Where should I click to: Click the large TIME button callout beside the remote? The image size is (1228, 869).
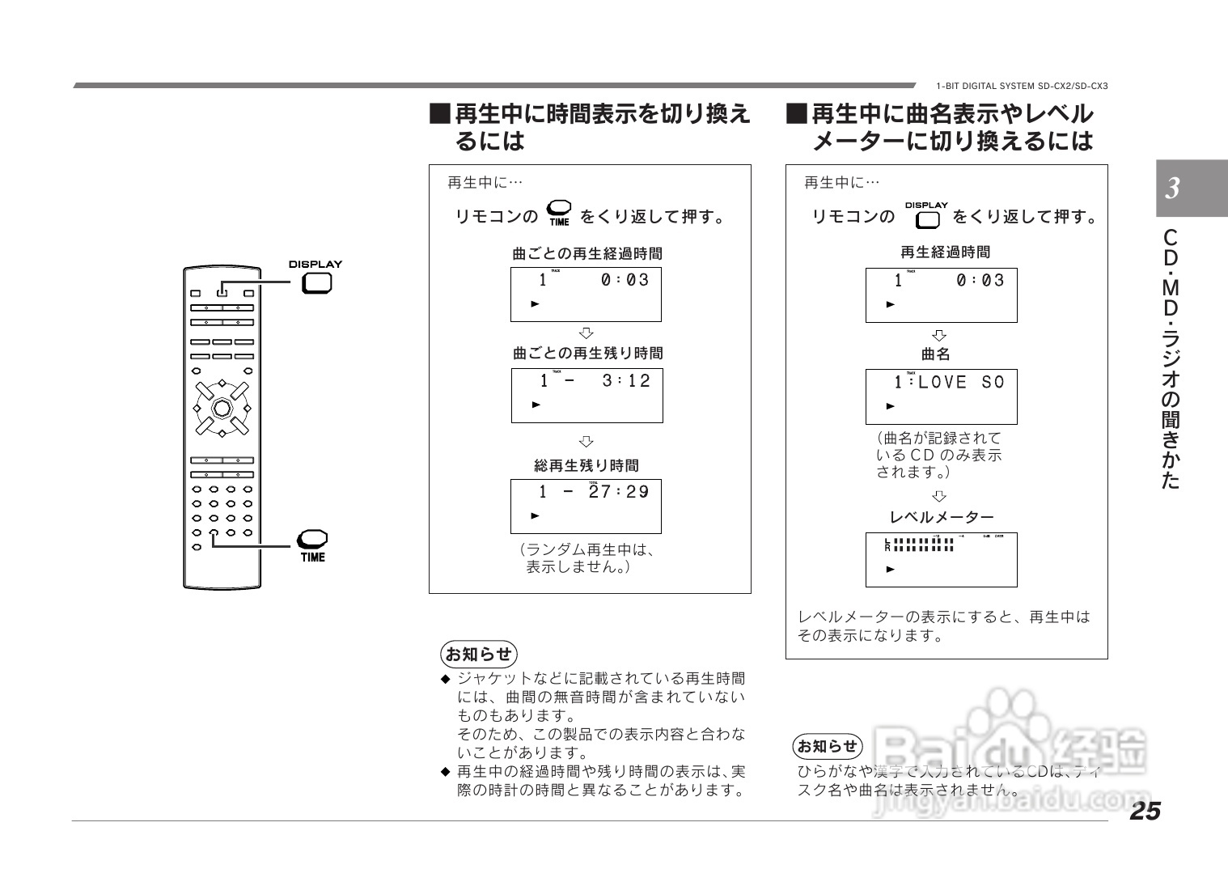[x=312, y=539]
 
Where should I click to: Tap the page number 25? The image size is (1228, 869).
[x=1145, y=811]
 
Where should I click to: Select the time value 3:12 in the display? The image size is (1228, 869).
[x=626, y=381]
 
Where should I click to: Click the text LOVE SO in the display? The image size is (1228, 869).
[x=961, y=382]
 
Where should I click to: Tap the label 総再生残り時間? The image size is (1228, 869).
[x=586, y=466]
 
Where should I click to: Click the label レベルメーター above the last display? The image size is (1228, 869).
[x=942, y=517]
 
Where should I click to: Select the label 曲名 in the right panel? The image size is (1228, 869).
[x=936, y=354]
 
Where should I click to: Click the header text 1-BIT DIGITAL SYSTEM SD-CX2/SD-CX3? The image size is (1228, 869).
[x=1022, y=86]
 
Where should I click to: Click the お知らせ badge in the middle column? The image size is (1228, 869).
[x=479, y=654]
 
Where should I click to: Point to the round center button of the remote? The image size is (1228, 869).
[x=221, y=407]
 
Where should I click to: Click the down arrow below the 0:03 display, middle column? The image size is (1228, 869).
[x=586, y=333]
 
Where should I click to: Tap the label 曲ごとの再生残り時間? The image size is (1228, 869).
[x=588, y=354]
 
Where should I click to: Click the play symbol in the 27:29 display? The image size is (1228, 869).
[x=535, y=515]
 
